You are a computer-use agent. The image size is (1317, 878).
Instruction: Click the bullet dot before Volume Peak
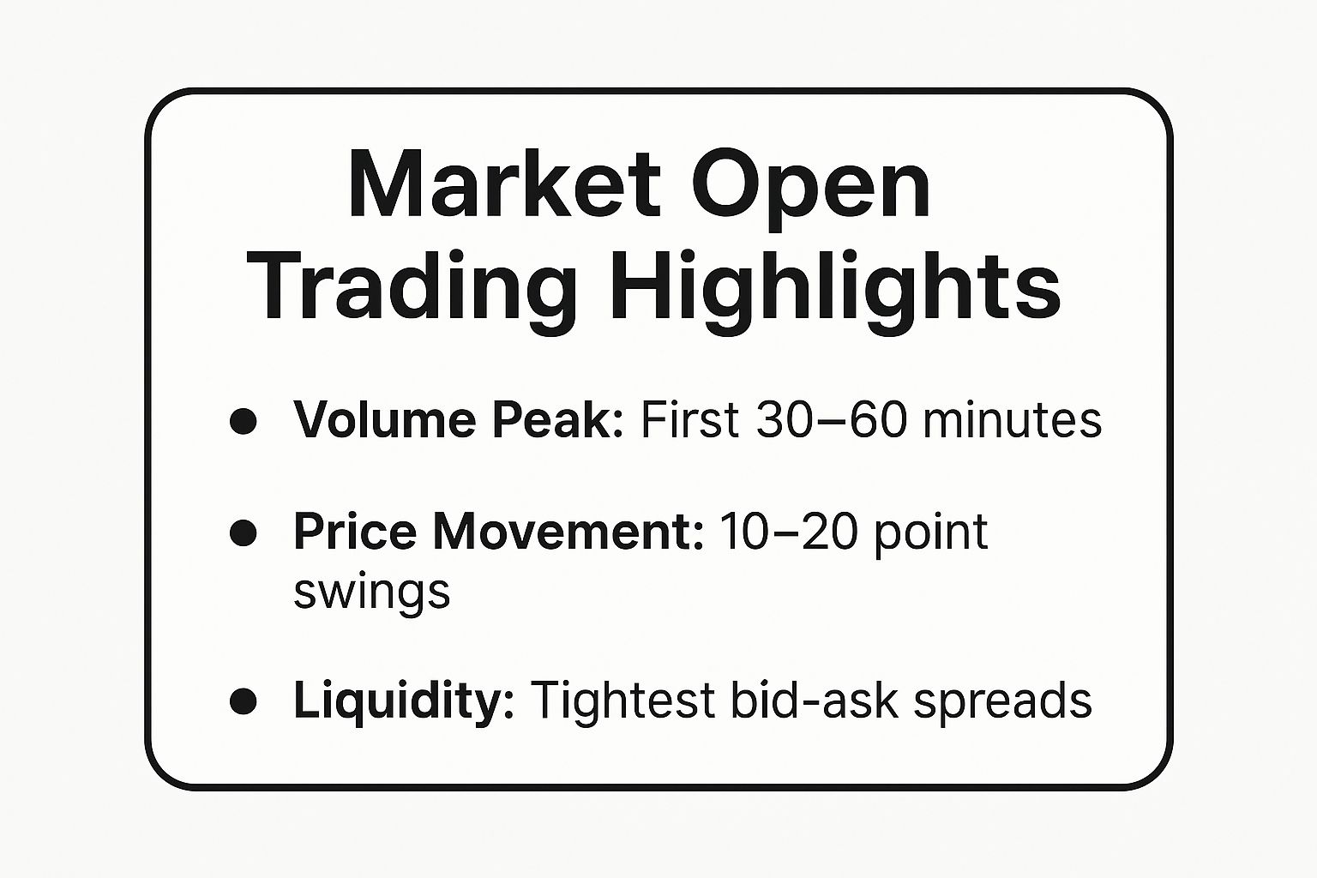point(243,421)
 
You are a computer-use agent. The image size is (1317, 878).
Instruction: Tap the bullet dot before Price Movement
point(243,532)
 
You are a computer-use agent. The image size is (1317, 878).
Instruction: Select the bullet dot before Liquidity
point(243,701)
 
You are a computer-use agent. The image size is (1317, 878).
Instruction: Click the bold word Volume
point(385,420)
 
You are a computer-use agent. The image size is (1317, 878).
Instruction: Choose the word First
point(689,420)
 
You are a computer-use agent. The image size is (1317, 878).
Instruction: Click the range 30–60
point(831,420)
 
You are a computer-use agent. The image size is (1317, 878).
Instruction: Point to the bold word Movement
point(568,532)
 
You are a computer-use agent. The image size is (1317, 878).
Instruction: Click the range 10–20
point(788,532)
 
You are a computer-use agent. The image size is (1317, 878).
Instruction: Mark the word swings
point(371,592)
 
